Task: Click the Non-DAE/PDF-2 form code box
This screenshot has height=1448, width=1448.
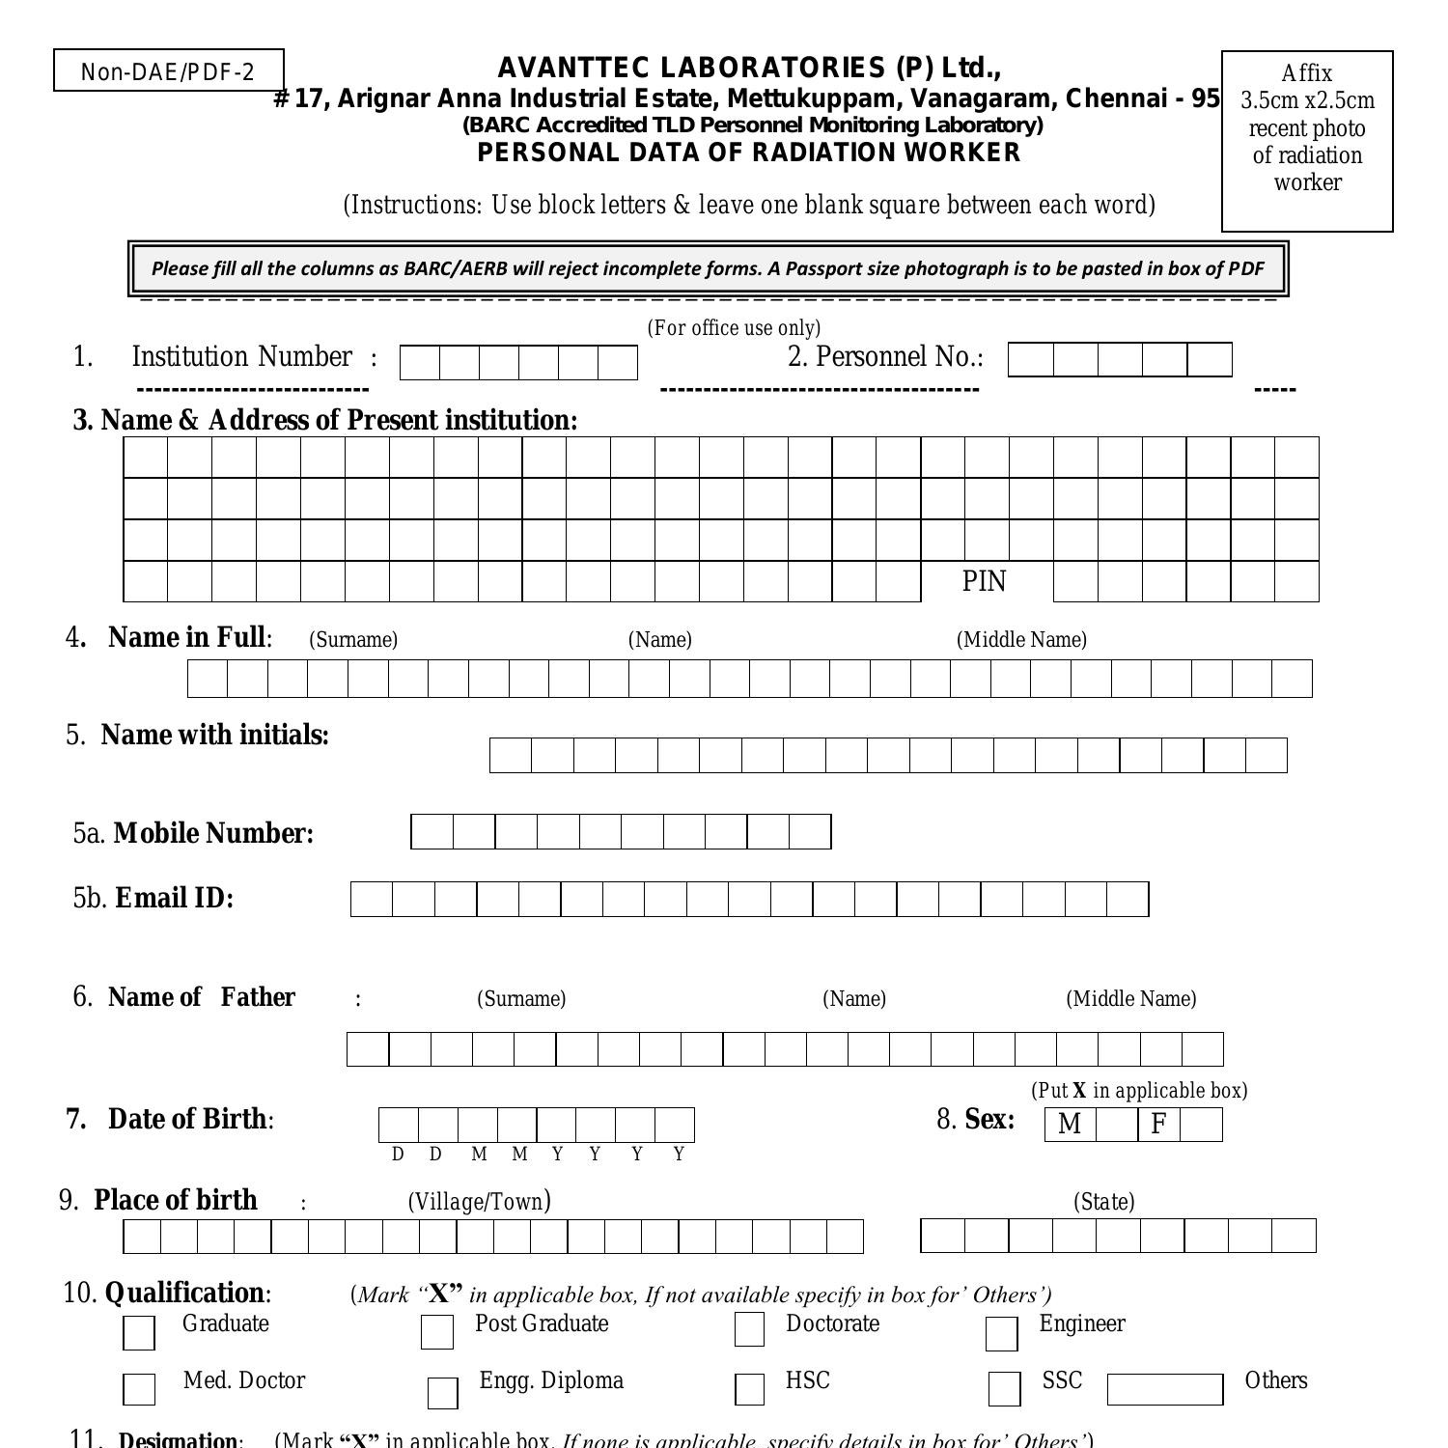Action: tap(169, 71)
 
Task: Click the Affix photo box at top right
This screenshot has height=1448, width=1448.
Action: tap(1307, 141)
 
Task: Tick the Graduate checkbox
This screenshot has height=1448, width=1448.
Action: tap(139, 1333)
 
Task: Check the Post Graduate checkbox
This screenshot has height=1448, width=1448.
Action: tap(436, 1332)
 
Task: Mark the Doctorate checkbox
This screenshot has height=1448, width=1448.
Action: tap(749, 1329)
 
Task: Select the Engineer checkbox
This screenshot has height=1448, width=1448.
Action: tap(1001, 1334)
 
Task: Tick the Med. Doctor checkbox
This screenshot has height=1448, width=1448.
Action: tap(139, 1389)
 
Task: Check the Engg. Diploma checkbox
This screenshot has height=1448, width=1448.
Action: tap(442, 1392)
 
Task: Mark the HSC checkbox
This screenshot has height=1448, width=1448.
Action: tap(749, 1389)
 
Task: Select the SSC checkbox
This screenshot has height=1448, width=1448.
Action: tap(1004, 1389)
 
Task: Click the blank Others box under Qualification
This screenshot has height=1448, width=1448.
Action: tap(1164, 1390)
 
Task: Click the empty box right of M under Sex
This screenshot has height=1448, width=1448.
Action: tap(1116, 1125)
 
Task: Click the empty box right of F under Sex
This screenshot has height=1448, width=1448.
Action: tap(1201, 1125)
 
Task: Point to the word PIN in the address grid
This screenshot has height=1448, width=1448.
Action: tap(984, 581)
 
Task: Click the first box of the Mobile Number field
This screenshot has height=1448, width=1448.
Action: tap(432, 832)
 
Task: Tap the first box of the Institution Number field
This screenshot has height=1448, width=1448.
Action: tap(419, 363)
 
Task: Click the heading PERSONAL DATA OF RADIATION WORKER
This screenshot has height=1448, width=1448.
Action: tap(748, 153)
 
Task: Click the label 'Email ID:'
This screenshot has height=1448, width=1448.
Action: tap(174, 899)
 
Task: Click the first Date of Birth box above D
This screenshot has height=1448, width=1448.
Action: tap(399, 1126)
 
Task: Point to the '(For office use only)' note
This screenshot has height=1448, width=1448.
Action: tap(734, 328)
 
